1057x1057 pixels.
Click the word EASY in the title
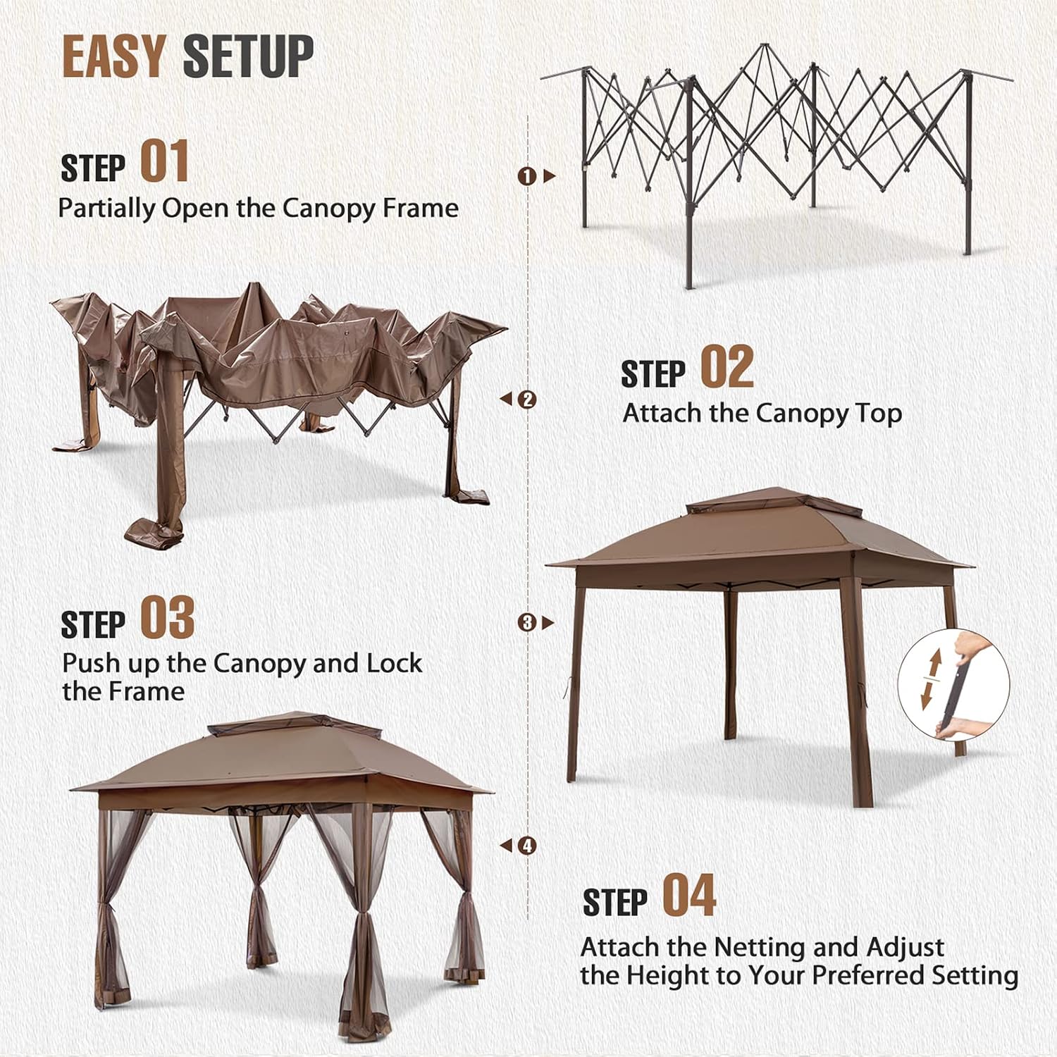pos(114,56)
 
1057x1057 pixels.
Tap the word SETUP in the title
pos(248,56)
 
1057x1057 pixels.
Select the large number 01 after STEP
pos(164,161)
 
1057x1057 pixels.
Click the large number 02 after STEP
pos(727,366)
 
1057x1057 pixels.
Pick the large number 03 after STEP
pos(167,617)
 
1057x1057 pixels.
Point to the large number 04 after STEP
pos(689,895)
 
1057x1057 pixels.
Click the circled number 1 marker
pos(526,176)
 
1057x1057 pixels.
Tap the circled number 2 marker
pos(527,400)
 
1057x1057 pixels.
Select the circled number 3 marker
pos(526,623)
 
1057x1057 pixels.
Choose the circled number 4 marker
pos(527,846)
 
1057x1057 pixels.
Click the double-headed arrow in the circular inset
pos(931,679)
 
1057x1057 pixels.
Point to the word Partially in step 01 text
pos(106,209)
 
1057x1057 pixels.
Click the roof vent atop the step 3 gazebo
pos(774,504)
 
